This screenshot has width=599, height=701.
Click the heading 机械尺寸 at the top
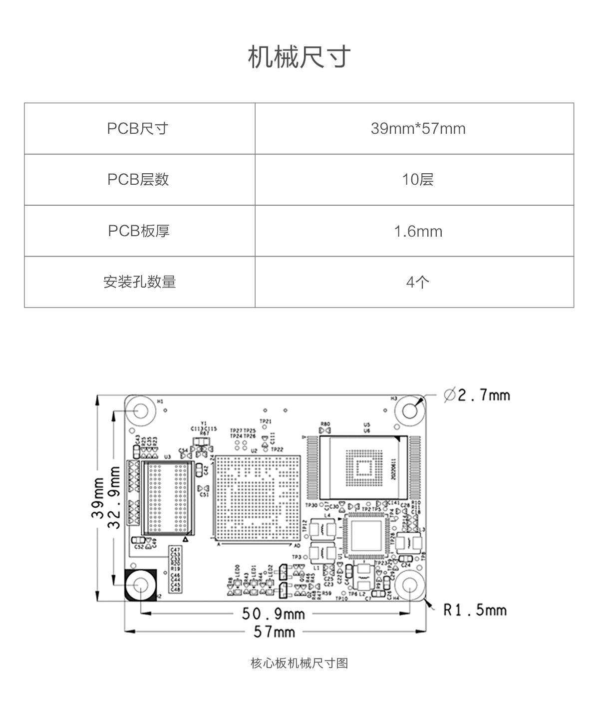(299, 57)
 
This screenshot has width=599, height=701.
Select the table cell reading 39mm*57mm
(418, 129)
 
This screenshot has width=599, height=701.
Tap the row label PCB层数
(138, 180)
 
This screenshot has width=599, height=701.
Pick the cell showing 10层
(418, 180)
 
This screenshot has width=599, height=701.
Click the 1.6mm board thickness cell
(418, 231)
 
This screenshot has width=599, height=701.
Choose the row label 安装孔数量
(139, 282)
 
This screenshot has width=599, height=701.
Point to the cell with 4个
(418, 283)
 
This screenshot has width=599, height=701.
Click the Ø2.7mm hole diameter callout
(477, 395)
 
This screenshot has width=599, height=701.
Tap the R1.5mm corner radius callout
(475, 610)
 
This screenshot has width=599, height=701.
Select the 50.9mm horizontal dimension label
(273, 613)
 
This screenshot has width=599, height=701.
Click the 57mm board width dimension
(274, 632)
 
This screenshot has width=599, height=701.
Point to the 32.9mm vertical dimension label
(114, 497)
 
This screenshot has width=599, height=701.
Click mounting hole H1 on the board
(141, 411)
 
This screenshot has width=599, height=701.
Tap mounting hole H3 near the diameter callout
(410, 411)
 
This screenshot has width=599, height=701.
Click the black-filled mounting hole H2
(140, 585)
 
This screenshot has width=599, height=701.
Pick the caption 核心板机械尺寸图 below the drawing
(299, 663)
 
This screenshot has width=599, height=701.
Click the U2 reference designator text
(254, 450)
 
